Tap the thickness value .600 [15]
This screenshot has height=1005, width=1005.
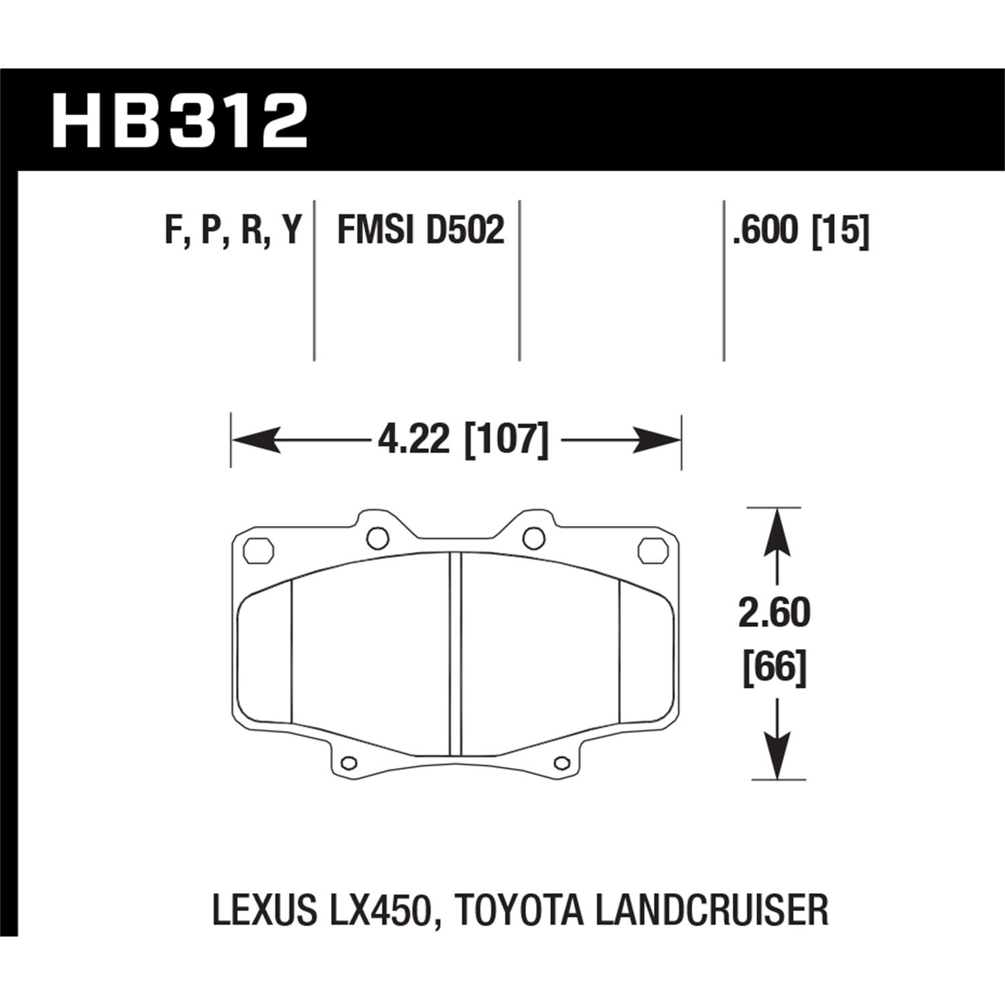click(x=801, y=231)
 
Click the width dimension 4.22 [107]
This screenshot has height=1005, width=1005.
click(x=463, y=441)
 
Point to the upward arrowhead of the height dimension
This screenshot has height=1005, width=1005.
click(x=777, y=529)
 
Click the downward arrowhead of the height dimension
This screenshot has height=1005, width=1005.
click(x=777, y=757)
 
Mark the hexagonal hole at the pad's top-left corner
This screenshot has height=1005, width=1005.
click(x=259, y=551)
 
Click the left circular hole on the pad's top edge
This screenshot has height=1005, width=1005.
click(x=378, y=537)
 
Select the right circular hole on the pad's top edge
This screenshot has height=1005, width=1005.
click(x=534, y=537)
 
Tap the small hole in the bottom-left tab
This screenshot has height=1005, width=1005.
click(x=348, y=762)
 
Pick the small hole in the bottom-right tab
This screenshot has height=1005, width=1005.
click(x=563, y=762)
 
